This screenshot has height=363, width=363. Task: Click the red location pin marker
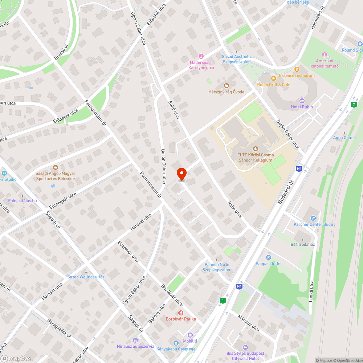pyautogui.click(x=181, y=174)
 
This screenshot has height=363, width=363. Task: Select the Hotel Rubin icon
pyautogui.click(x=302, y=101)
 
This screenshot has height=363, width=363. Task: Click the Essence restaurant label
pyautogui.click(x=297, y=75)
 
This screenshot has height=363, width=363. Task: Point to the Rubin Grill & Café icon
pyautogui.click(x=274, y=78)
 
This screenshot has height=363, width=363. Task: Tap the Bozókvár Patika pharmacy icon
pyautogui.click(x=180, y=313)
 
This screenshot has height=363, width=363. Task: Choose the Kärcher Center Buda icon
pyautogui.click(x=313, y=218)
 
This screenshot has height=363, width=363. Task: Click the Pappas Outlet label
pyautogui.click(x=269, y=264)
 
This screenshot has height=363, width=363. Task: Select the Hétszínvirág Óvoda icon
pyautogui.click(x=226, y=85)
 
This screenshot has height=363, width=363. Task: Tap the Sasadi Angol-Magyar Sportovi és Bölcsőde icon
pyautogui.click(x=55, y=167)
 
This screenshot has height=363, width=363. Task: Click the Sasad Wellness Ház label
pyautogui.click(x=86, y=277)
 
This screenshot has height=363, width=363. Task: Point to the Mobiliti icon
pyautogui.click(x=190, y=335)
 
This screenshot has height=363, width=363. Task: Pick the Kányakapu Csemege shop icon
pyautogui.click(x=176, y=343)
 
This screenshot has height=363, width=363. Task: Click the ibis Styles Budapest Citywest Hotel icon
pyautogui.click(x=245, y=347)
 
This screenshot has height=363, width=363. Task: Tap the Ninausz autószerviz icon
pyautogui.click(x=135, y=340)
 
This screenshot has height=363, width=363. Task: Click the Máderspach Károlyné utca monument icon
pyautogui.click(x=201, y=56)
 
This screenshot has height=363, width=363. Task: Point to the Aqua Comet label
pyautogui.click(x=344, y=138)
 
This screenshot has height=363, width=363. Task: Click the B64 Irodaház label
pyautogui.click(x=302, y=244)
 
